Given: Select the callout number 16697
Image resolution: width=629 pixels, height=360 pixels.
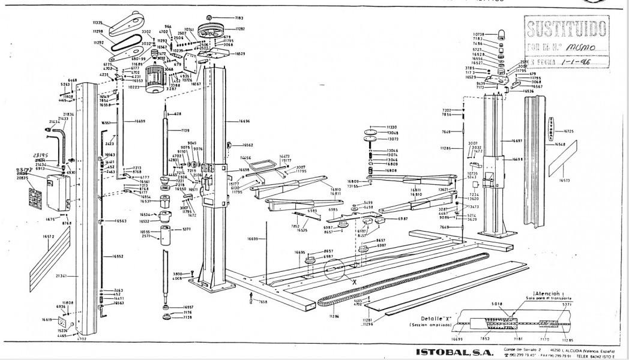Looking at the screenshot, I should coord(517,140).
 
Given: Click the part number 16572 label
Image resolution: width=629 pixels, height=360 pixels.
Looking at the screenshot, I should coord(49,237).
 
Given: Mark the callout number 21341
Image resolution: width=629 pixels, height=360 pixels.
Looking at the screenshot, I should coord(61,276).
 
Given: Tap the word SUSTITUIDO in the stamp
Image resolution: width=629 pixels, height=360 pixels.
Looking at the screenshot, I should coord(567,28).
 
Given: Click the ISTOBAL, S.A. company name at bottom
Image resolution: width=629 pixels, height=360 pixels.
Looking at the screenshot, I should coord(453,351).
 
